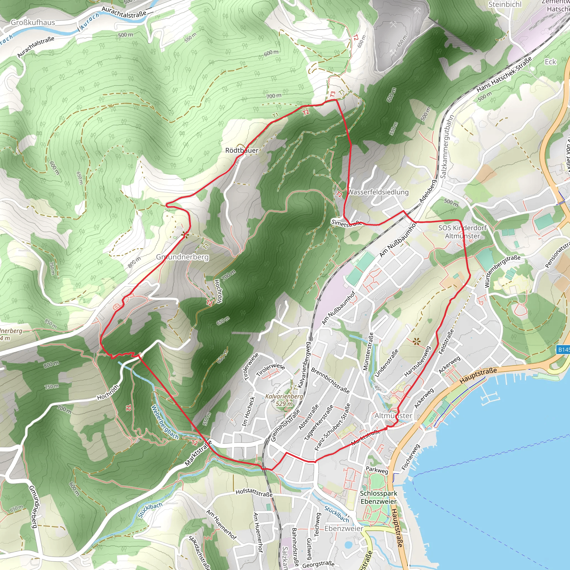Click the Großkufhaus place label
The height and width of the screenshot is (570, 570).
(x=33, y=23)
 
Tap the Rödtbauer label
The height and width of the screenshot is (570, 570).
(x=242, y=151)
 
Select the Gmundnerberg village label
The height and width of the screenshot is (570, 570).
(x=182, y=257)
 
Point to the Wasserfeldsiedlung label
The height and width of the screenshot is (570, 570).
(x=378, y=192)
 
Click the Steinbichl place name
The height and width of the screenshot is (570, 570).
(x=505, y=4)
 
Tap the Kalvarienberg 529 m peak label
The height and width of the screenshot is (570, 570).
(x=284, y=400)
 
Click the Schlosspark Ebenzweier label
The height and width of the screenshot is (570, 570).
(x=379, y=497)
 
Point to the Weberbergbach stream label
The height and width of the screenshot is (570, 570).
(x=165, y=422)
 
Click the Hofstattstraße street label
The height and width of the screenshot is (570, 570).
(x=254, y=492)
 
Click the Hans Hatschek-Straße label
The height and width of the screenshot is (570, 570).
(x=504, y=74)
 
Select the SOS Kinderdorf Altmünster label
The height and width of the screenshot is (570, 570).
(x=462, y=232)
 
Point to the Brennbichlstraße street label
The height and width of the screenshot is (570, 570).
(x=330, y=380)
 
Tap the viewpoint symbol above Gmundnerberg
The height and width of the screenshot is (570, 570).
(x=185, y=235)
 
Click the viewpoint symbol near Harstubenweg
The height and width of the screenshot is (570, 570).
(x=416, y=342)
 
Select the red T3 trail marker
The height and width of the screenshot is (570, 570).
(x=333, y=94)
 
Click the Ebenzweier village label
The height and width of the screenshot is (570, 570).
(x=344, y=529)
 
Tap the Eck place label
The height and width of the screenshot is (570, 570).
(x=550, y=62)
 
